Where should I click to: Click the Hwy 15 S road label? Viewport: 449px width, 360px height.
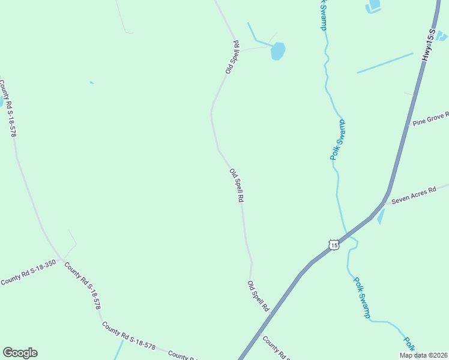click(x=427, y=44)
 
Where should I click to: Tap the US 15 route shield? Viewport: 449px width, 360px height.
click(x=334, y=244)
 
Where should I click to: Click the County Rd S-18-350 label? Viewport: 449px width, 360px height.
click(x=28, y=272)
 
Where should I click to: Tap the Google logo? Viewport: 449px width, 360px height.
click(x=20, y=352)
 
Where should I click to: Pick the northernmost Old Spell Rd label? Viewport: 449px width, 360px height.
click(x=232, y=58)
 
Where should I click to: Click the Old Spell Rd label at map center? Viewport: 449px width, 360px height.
click(x=237, y=185)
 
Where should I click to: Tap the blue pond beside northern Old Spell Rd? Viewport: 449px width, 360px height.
click(x=277, y=52)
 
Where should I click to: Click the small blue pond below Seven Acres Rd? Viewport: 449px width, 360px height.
click(x=381, y=217)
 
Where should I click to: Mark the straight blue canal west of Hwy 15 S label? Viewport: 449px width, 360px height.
click(x=385, y=63)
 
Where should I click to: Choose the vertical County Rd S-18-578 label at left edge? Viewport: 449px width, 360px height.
click(x=8, y=108)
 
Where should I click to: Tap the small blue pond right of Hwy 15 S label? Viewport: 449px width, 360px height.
click(x=442, y=36)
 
